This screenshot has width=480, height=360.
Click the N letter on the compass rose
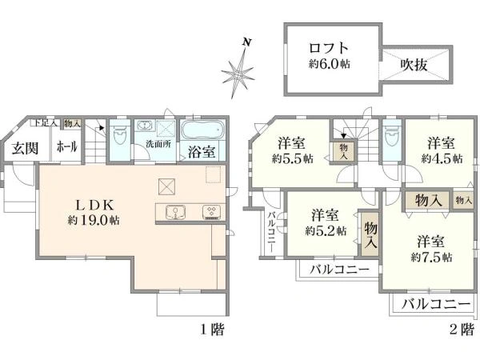pyautogui.click(x=247, y=42)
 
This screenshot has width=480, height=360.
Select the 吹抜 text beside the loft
pyautogui.click(x=414, y=62)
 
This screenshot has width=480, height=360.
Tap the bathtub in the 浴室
pyautogui.click(x=206, y=130)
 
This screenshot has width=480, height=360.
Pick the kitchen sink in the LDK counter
pyautogui.click(x=174, y=212)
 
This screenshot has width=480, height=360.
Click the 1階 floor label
pyautogui.click(x=211, y=329)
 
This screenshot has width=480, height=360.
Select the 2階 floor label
pyautogui.click(x=460, y=329)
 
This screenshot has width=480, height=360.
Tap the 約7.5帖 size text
pyautogui.click(x=432, y=257)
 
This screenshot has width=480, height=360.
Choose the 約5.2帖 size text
pyautogui.click(x=326, y=230)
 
